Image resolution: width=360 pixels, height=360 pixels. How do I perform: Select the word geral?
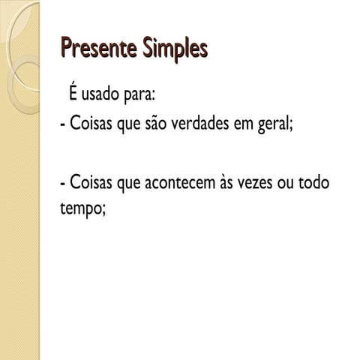click(x=300, y=124)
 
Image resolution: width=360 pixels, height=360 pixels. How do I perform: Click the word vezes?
click(x=272, y=183)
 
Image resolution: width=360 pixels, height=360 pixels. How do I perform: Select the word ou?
click(x=305, y=184)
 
